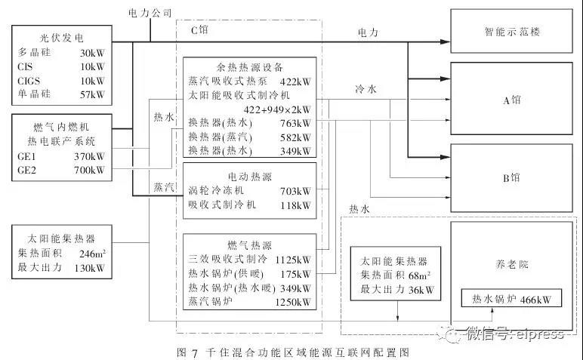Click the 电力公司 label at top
151,13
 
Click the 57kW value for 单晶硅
92,94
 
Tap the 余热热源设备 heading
248,65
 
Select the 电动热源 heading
248,176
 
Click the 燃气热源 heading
248,245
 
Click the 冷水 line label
368,90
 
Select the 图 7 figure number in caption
185,352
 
